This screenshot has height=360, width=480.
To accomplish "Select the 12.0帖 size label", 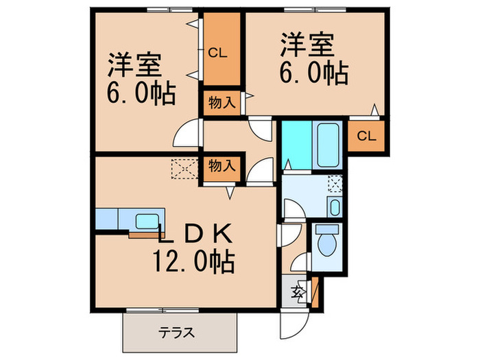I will tap(194, 261).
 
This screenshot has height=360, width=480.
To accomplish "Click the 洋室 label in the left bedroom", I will tap(134, 67).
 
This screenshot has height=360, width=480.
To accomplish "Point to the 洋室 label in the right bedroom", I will tap(307, 46).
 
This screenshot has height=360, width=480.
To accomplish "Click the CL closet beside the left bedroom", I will tap(219, 52).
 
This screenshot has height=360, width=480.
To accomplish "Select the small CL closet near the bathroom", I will tap(366, 135).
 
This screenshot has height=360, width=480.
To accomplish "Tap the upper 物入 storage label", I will tap(221, 104).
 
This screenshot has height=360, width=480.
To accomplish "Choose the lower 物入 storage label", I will tap(221, 165).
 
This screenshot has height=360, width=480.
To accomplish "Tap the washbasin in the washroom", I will tap(333, 206).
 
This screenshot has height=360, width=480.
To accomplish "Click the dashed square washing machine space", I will tap(335, 183).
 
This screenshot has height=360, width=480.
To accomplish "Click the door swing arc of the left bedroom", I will tap(186, 134).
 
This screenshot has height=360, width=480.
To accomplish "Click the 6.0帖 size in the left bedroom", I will tap(141, 93).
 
